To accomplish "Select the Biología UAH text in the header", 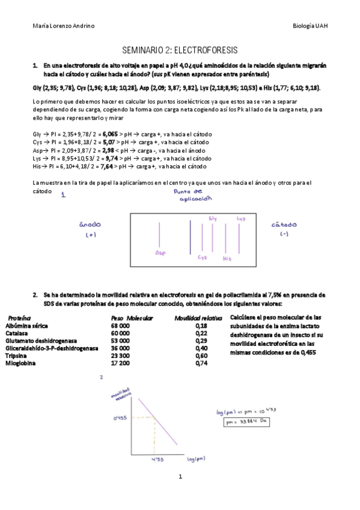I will [x=310, y=26].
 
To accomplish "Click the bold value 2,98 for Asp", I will [x=109, y=150].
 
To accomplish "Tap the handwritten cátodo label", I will [x=284, y=224].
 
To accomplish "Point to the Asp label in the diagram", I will [x=160, y=253].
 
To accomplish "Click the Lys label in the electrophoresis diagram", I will [x=241, y=219].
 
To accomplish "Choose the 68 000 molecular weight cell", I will [x=120, y=325].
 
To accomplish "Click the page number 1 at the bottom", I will [x=180, y=477].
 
